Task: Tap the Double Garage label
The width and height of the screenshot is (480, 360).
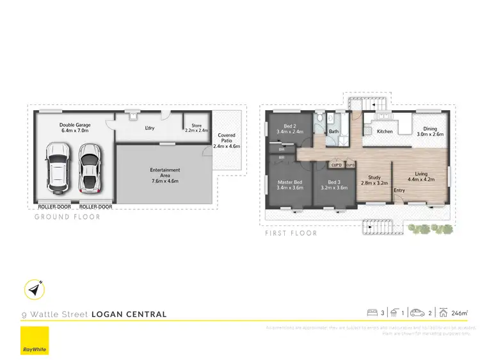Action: click(75, 127)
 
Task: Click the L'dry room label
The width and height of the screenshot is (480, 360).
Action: click(149, 128)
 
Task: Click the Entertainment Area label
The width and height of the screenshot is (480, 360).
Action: click(164, 176)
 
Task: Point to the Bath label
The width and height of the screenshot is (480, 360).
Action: click(333, 132)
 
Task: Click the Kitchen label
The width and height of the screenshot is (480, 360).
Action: click(385, 131)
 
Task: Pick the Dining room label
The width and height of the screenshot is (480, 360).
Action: click(427, 132)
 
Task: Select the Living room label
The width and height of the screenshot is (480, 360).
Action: click(421, 177)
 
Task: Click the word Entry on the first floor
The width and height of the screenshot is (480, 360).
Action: click(399, 190)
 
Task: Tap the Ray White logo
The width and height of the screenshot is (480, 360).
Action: click(35, 341)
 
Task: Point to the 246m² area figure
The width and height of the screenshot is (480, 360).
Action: click(460, 313)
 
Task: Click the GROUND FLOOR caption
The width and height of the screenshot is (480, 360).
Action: click(67, 217)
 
